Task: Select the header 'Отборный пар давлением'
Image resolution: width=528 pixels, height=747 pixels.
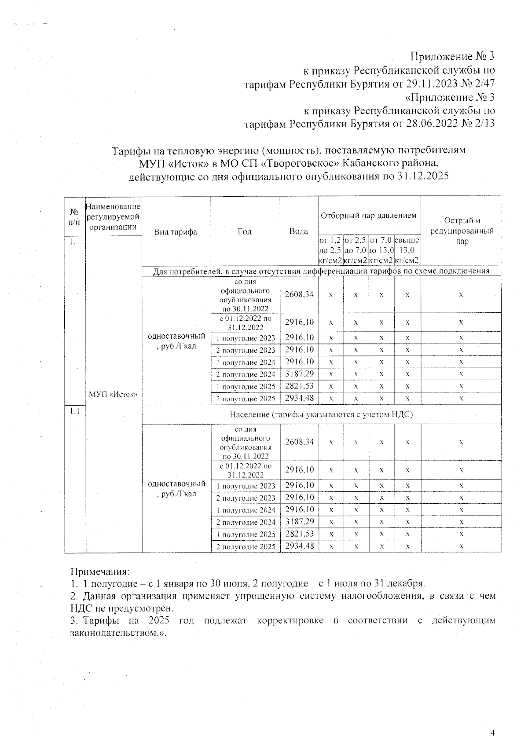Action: (369, 216)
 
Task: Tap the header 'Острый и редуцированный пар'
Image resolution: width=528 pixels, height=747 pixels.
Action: (462, 231)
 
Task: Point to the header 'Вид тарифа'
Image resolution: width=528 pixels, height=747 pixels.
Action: (176, 232)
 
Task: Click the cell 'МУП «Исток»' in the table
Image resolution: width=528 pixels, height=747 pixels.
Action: (113, 394)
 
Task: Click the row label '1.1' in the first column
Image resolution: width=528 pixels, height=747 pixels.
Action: (74, 411)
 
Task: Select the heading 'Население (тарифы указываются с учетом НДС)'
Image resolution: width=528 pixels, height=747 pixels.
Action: (321, 414)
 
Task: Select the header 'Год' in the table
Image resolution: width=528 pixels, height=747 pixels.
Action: (245, 232)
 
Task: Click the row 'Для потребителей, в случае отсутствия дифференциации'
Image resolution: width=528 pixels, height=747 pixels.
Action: (321, 271)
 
